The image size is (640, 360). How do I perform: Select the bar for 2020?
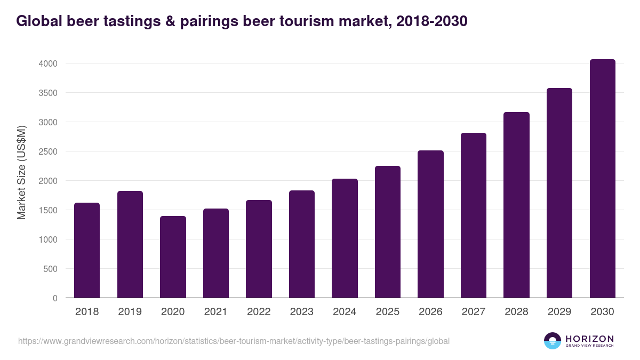pyautogui.click(x=173, y=257)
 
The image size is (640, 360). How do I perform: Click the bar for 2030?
pyautogui.click(x=602, y=178)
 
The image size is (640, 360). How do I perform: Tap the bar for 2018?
pyautogui.click(x=87, y=250)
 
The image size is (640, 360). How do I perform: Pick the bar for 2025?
pyautogui.click(x=388, y=231)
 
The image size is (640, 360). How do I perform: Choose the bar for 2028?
pyautogui.click(x=516, y=205)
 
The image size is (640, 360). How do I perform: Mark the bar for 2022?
pyautogui.click(x=259, y=249)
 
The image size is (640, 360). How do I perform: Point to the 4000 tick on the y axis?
pyautogui.click(x=47, y=63)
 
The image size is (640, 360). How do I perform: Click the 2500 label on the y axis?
pyautogui.click(x=47, y=151)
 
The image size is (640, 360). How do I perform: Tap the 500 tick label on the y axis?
pyautogui.click(x=50, y=269)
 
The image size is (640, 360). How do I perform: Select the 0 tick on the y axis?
pyautogui.click(x=54, y=298)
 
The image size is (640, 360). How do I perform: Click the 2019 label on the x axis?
pyautogui.click(x=130, y=312)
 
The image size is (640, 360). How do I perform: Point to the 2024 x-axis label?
pyautogui.click(x=345, y=312)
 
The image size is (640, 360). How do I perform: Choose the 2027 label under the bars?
pyautogui.click(x=474, y=312)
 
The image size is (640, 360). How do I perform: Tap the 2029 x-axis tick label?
pyautogui.click(x=559, y=312)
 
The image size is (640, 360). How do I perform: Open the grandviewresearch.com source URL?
pyautogui.click(x=234, y=341)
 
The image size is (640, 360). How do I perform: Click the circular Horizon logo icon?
pyautogui.click(x=553, y=341)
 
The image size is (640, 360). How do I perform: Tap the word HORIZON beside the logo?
pyautogui.click(x=589, y=339)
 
